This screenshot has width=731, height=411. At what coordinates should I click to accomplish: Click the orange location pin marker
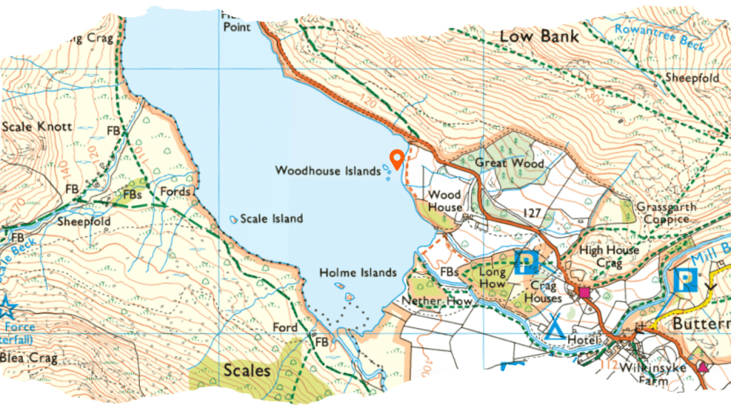point(396,159)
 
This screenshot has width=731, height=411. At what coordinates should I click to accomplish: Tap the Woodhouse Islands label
point(328,171)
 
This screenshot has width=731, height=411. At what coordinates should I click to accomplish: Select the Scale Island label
point(271,219)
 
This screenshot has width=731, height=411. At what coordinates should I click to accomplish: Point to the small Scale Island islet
point(234,218)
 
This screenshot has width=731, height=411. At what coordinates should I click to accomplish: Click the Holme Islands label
point(358,273)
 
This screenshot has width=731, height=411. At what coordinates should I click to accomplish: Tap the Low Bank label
point(539,36)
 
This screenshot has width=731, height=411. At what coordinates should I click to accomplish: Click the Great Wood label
point(510,163)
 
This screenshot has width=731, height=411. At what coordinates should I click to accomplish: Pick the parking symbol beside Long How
point(526,263)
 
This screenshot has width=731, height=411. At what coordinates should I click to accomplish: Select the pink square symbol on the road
point(585,292)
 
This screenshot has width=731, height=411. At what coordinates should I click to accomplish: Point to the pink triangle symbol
point(702,367)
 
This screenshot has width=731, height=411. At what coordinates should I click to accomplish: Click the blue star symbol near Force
point(7,308)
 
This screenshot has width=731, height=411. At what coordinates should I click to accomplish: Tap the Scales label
point(246,371)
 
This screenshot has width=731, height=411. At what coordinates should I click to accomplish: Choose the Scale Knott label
point(36,127)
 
